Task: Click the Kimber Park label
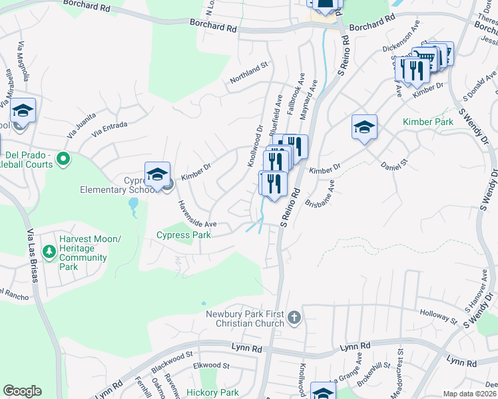point(428,122)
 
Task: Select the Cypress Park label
point(183,235)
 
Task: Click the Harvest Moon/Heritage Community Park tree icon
point(49,251)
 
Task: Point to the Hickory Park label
point(212,392)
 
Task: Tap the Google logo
point(22,391)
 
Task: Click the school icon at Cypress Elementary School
point(157,175)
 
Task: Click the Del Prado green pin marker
point(63,158)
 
